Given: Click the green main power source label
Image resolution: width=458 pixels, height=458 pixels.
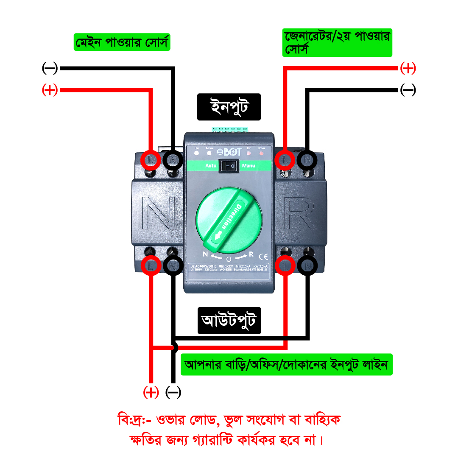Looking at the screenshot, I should coord(122,42).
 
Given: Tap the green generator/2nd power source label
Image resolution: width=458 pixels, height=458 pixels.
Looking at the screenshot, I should coord(337,42).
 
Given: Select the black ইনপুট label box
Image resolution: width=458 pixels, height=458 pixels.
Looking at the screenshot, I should coord(229,107).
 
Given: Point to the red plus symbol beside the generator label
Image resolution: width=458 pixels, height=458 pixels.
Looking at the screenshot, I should coord(408,68).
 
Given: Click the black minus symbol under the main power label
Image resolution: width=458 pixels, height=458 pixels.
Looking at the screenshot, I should coord(50,68).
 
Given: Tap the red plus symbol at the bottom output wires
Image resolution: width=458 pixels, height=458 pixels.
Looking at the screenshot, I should coord(151,392).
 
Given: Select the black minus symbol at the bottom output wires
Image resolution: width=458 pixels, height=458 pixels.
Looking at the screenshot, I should coord(173,392).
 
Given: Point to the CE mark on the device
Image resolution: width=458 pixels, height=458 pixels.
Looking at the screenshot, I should coord(263,256).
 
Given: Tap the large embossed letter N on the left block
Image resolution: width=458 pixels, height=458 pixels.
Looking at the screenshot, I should coord(158,217).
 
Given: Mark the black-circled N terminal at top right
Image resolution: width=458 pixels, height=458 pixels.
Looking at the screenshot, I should coord(307,160).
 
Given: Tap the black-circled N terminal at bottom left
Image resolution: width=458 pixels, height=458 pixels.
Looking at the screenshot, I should coord(173,265).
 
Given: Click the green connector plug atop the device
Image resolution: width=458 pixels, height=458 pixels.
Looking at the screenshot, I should coord(229,129).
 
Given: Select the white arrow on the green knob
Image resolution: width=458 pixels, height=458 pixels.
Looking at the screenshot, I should coord(219,235).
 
